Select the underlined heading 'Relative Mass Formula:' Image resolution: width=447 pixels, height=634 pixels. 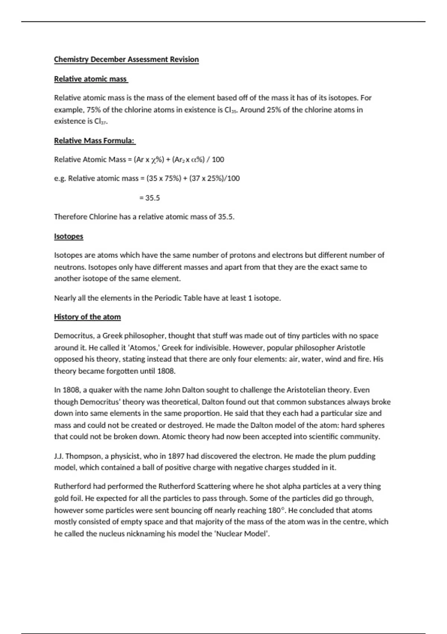click(94, 141)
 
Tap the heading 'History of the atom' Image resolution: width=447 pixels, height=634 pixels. click(87, 317)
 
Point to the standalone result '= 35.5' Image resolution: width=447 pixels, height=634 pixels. click(149, 198)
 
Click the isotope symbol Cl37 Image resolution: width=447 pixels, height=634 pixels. click(101, 121)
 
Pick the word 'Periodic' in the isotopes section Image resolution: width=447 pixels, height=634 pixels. click(162, 298)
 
